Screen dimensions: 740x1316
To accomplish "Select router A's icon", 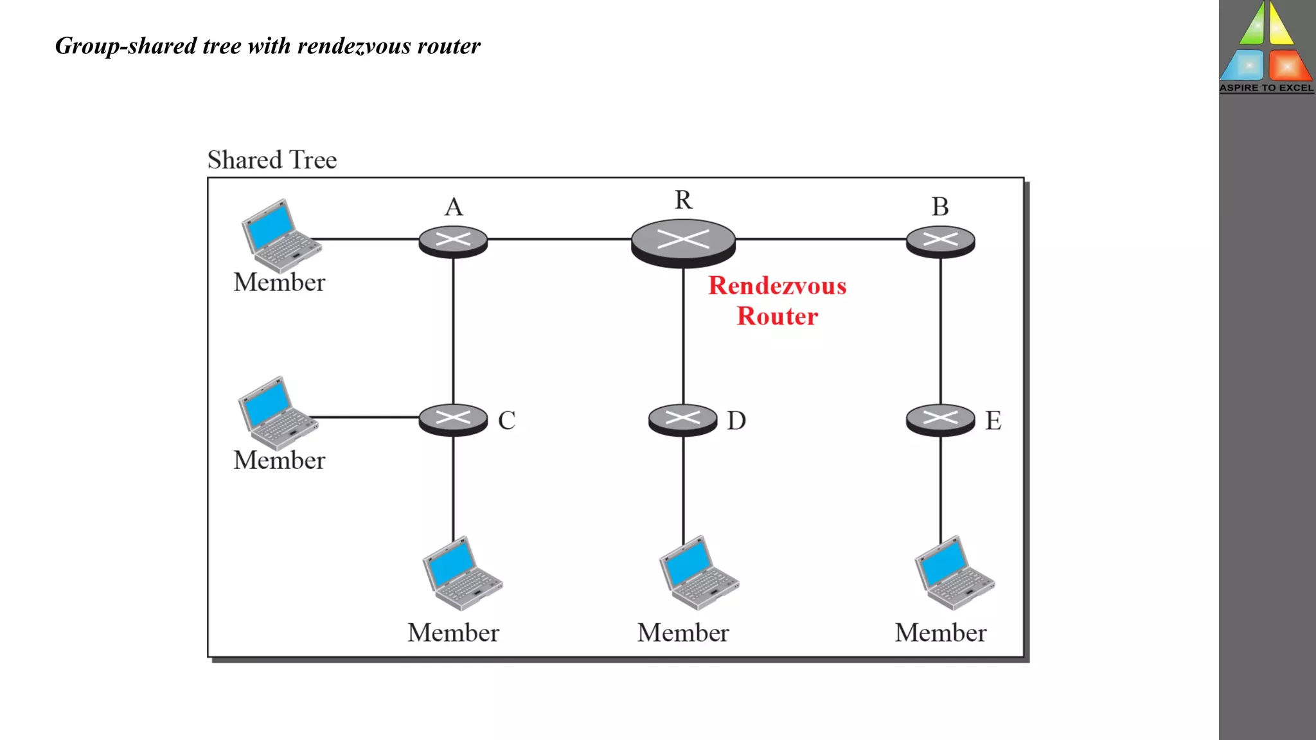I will (x=453, y=242).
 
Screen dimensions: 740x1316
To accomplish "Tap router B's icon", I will (x=940, y=242).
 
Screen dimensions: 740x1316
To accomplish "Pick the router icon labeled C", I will (x=453, y=419).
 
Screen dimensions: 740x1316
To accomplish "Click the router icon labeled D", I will (x=682, y=419).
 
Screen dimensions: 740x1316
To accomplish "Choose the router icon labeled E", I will (x=940, y=419).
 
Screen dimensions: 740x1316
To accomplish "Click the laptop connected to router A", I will (x=280, y=235).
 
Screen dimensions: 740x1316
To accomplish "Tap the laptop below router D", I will (x=698, y=573).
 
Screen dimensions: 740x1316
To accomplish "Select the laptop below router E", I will (x=954, y=573).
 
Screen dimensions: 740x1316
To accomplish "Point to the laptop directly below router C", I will (x=461, y=574).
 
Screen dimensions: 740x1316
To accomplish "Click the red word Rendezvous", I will (x=777, y=286).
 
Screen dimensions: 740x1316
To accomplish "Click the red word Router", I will (x=777, y=316).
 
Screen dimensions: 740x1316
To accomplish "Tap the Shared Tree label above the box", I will (x=272, y=160).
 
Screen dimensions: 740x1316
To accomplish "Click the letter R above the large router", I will (x=683, y=200).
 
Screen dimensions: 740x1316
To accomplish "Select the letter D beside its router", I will (x=736, y=421).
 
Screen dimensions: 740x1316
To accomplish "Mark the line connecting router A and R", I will (x=559, y=239).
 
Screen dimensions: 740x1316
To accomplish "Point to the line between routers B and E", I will (x=941, y=331).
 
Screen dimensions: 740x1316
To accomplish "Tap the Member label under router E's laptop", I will (x=940, y=633).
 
